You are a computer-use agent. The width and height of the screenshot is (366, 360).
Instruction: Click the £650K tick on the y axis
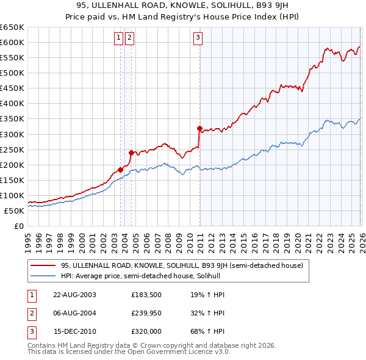(x=12, y=27)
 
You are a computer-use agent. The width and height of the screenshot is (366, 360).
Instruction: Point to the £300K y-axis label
(x=12, y=134)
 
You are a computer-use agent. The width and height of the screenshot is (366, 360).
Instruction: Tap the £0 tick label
(x=18, y=226)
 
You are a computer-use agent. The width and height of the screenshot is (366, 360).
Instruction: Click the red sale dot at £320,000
(x=199, y=128)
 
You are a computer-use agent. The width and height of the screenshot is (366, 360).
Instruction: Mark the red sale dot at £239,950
(x=131, y=153)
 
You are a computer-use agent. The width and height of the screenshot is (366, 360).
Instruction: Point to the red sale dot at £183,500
(x=120, y=170)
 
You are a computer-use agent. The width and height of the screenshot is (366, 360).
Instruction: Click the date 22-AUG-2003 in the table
(x=74, y=295)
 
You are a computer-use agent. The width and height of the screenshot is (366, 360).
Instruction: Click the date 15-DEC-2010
(x=74, y=333)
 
